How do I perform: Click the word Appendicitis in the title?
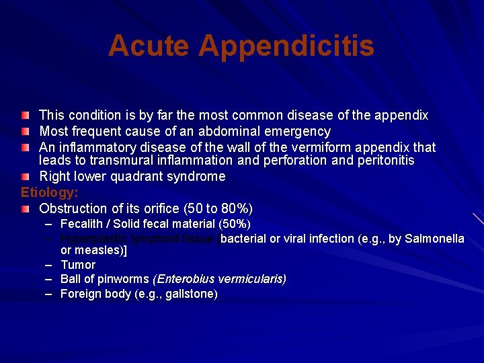click(287, 46)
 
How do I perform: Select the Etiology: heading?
click(50, 192)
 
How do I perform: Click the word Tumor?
click(78, 265)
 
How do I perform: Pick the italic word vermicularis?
click(250, 278)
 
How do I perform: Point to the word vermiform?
click(255, 147)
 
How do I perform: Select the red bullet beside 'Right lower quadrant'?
click(25, 177)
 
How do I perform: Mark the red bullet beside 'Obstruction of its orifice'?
click(25, 208)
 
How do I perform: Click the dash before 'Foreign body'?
click(49, 294)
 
